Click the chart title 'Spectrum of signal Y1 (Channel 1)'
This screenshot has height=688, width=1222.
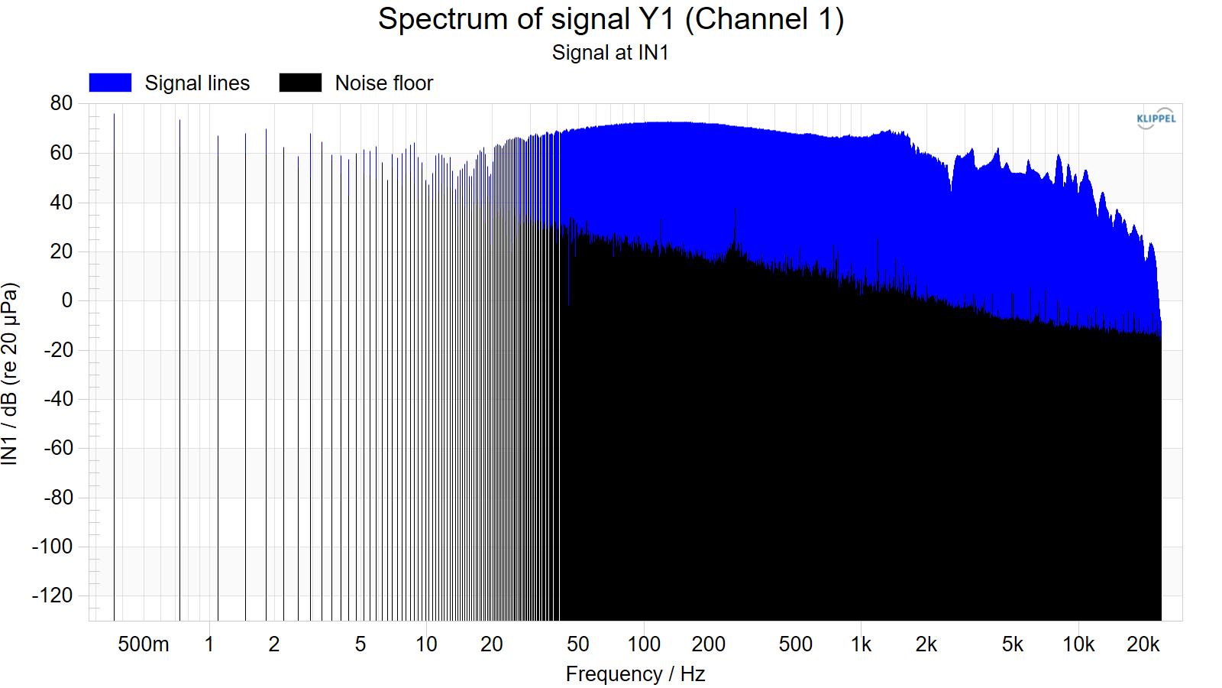pos(610,20)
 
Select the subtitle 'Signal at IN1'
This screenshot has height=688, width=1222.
pos(610,53)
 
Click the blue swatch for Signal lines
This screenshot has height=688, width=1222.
pos(110,83)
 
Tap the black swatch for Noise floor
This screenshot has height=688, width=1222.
pos(300,83)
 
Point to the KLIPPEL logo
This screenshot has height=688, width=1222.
pos(1156,118)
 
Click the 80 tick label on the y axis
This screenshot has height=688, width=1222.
pos(61,103)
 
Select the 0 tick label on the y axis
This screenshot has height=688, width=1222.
pos(66,300)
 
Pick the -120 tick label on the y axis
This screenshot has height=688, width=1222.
pos(53,596)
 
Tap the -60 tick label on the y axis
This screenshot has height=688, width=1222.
pos(58,448)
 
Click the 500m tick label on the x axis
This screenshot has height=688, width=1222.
pos(144,644)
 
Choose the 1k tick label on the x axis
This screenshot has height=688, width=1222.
pos(861,644)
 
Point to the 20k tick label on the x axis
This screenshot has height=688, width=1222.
pos(1143,644)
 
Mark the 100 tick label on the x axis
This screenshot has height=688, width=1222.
pos(644,644)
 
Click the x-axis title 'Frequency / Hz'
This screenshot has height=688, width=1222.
pos(635,674)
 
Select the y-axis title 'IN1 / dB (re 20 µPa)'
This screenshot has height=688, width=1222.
pos(10,374)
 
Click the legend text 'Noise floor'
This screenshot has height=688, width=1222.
pos(384,83)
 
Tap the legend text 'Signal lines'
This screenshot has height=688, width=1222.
pos(197,83)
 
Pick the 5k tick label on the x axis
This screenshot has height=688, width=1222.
pos(1013,644)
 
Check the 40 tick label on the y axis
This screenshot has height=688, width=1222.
pos(61,202)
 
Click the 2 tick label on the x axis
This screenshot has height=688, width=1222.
pos(274,644)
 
